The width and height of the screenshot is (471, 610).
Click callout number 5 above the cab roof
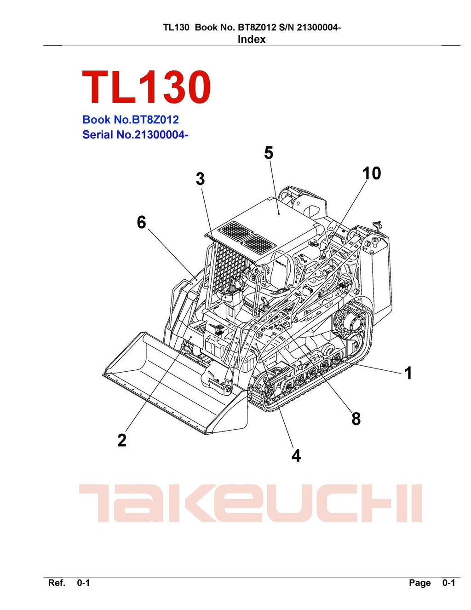pyautogui.click(x=269, y=153)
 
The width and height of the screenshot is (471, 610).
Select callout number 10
pyautogui.click(x=372, y=173)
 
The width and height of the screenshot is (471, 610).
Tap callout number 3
pyautogui.click(x=200, y=179)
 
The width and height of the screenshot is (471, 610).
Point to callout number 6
pyautogui.click(x=142, y=222)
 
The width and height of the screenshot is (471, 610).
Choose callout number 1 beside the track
pyautogui.click(x=408, y=373)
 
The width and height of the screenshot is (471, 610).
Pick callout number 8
pyautogui.click(x=356, y=419)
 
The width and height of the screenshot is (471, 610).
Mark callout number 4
pyautogui.click(x=296, y=455)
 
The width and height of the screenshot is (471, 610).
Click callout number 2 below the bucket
pyautogui.click(x=122, y=440)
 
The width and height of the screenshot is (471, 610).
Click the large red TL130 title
pyautogui.click(x=146, y=87)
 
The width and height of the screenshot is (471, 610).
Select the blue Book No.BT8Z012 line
pyautogui.click(x=131, y=120)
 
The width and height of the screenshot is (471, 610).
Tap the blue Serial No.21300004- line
pyautogui.click(x=135, y=135)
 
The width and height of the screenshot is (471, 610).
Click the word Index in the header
pyautogui.click(x=252, y=40)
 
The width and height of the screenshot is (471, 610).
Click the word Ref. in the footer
pyautogui.click(x=57, y=583)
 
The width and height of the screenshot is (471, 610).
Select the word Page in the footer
pyautogui.click(x=420, y=583)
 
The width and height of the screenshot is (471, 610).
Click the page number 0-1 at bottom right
pyautogui.click(x=448, y=583)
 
